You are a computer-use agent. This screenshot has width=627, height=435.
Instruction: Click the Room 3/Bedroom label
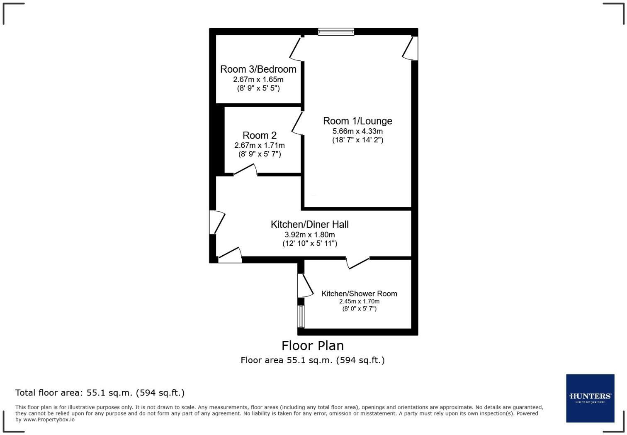pos(258,69)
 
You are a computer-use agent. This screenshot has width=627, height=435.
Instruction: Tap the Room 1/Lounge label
pos(357,121)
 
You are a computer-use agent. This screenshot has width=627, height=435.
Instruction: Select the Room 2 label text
pos(260,135)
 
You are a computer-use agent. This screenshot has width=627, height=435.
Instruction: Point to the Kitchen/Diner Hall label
pos(310,225)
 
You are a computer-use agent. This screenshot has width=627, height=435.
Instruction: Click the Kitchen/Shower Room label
pos(359,293)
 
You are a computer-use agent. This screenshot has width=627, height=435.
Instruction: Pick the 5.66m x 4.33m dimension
pos(357,131)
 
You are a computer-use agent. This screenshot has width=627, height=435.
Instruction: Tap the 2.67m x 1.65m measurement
pos(258,80)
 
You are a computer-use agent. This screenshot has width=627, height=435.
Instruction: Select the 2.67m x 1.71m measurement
pos(260,145)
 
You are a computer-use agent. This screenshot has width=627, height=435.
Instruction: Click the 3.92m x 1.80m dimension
pos(310,235)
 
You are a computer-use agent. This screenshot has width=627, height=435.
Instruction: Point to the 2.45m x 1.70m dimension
pos(359,301)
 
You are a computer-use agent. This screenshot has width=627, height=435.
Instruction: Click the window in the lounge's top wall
pos(336,32)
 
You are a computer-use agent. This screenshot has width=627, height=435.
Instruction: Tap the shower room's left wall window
pos(301,316)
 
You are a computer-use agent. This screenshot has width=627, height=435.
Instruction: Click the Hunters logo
pos(590,398)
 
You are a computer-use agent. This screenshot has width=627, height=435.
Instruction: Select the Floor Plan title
pos(313,346)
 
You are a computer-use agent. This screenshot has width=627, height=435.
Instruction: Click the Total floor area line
pos(100,393)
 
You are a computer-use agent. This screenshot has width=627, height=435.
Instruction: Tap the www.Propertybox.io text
pos(49,420)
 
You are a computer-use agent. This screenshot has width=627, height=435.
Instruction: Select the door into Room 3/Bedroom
pos(295,49)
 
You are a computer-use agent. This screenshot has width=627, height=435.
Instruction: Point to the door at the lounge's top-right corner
pos(410,48)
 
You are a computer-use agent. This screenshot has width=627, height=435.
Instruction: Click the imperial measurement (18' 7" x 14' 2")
pos(357,140)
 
